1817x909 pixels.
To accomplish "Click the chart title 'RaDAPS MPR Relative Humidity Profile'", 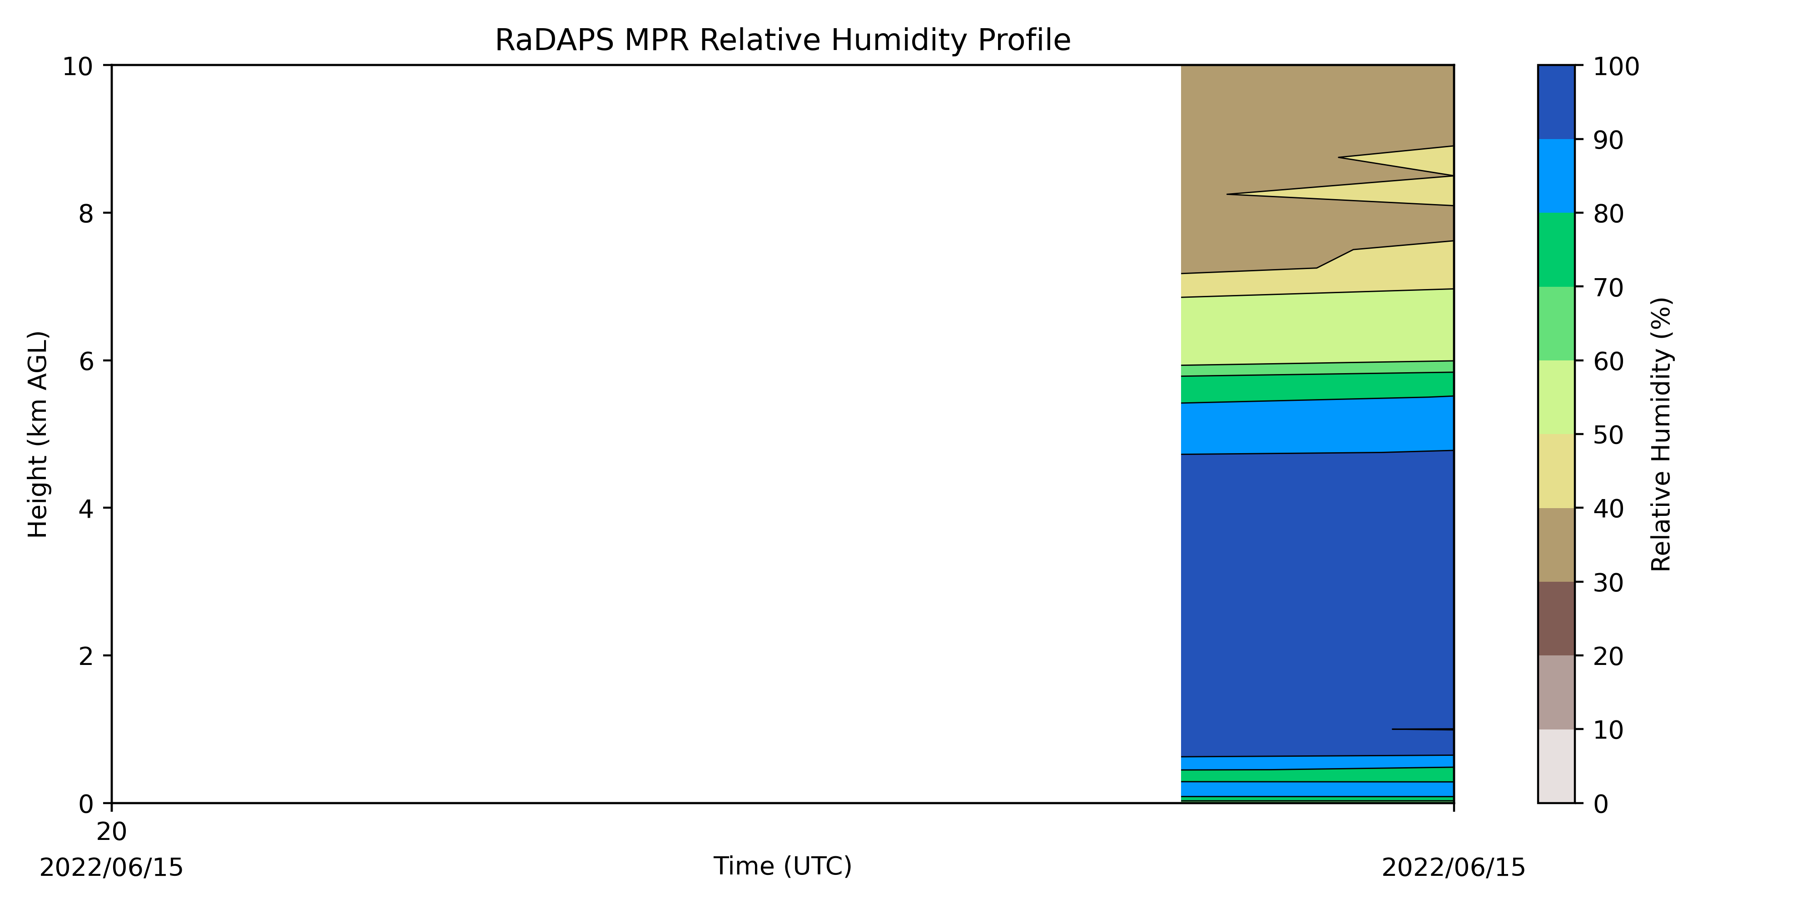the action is click(x=782, y=40).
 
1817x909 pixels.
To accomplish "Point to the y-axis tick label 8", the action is click(x=86, y=213).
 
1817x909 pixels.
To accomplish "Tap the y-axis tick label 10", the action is click(x=78, y=66).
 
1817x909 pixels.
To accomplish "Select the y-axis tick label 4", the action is click(x=86, y=508).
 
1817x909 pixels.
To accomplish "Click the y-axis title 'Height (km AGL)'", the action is click(x=38, y=434).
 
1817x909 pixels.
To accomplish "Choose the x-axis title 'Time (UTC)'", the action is click(x=782, y=866).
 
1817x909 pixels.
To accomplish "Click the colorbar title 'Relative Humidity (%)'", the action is click(x=1661, y=434).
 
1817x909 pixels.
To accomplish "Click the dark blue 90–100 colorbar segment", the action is click(x=1556, y=102).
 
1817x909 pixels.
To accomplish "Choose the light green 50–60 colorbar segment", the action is click(x=1556, y=397).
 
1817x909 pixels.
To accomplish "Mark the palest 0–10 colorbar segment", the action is click(x=1556, y=766).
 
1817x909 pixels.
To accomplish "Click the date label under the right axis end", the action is click(x=1453, y=867).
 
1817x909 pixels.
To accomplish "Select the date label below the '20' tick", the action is click(x=111, y=867).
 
